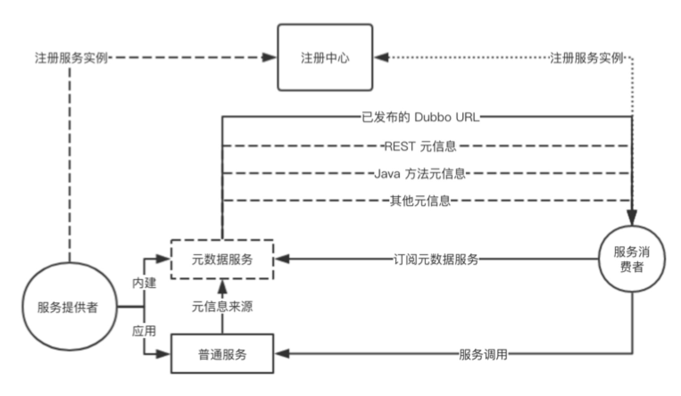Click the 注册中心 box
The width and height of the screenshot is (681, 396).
[325, 58]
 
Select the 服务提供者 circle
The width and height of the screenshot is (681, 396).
[70, 307]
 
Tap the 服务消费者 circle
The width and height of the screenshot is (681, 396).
[631, 259]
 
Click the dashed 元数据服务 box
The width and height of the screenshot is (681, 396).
[222, 260]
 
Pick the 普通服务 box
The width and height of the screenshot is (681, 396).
[222, 354]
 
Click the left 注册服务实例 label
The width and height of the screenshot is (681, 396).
[71, 58]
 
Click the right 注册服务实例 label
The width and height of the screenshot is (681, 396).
[586, 58]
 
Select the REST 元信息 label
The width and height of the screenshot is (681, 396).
[420, 146]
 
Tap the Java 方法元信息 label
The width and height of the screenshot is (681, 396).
[420, 173]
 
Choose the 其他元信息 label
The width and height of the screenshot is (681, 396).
[420, 201]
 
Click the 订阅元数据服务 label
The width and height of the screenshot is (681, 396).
[436, 259]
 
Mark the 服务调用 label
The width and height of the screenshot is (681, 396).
[483, 355]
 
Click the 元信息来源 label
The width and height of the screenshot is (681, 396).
[222, 307]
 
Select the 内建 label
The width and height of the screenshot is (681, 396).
[144, 283]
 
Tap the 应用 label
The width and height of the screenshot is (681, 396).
[144, 331]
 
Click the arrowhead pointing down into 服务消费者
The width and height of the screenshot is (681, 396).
[632, 217]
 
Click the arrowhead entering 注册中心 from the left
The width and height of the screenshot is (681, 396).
[269, 58]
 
